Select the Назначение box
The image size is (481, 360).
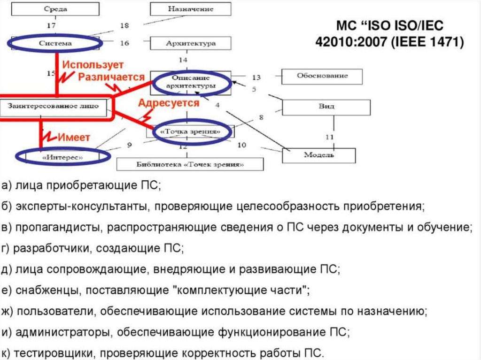tap(190, 9)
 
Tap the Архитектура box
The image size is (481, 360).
tap(190, 43)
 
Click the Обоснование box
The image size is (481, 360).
tap(322, 76)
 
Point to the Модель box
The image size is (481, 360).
tap(318, 154)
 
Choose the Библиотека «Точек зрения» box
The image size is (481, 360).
tap(190, 164)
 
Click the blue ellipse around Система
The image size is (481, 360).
tap(54, 43)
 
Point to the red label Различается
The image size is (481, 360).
tap(111, 76)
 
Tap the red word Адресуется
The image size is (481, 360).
tap(169, 103)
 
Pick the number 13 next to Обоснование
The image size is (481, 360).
tap(256, 77)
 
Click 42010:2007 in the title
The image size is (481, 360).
tap(352, 42)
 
